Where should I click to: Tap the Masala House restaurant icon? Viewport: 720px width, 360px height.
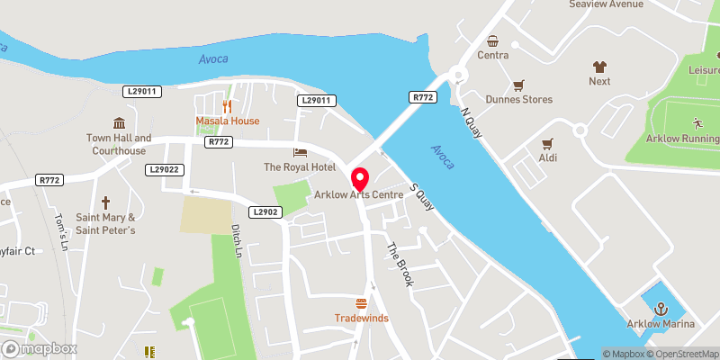(x=228, y=105)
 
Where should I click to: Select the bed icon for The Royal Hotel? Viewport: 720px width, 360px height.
(x=300, y=151)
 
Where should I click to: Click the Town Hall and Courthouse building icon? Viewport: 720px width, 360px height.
(x=117, y=122)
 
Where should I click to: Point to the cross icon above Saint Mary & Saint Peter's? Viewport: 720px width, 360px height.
(x=105, y=202)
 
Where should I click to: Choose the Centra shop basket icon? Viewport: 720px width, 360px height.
(x=493, y=40)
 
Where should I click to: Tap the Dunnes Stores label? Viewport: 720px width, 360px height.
(x=519, y=99)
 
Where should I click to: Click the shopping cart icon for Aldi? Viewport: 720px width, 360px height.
(x=546, y=143)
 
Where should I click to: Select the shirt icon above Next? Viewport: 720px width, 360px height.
(x=599, y=66)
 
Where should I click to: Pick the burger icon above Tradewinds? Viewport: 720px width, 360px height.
(x=362, y=302)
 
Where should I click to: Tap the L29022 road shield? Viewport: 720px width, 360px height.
(x=166, y=169)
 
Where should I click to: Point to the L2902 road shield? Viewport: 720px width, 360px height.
(x=267, y=212)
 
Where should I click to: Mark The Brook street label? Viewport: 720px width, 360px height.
(x=400, y=265)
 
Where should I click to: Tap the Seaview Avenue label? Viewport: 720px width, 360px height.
(x=606, y=4)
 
